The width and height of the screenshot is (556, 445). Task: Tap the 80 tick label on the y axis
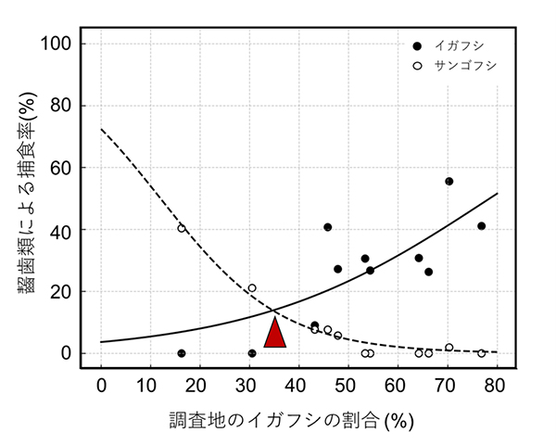pyautogui.click(x=74, y=106)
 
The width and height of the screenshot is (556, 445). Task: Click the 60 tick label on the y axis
pyautogui.click(x=74, y=168)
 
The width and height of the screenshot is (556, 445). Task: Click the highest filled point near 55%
pyautogui.click(x=449, y=181)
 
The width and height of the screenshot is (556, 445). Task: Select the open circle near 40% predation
pyautogui.click(x=182, y=228)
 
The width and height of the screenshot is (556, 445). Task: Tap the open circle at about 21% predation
pyautogui.click(x=252, y=287)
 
